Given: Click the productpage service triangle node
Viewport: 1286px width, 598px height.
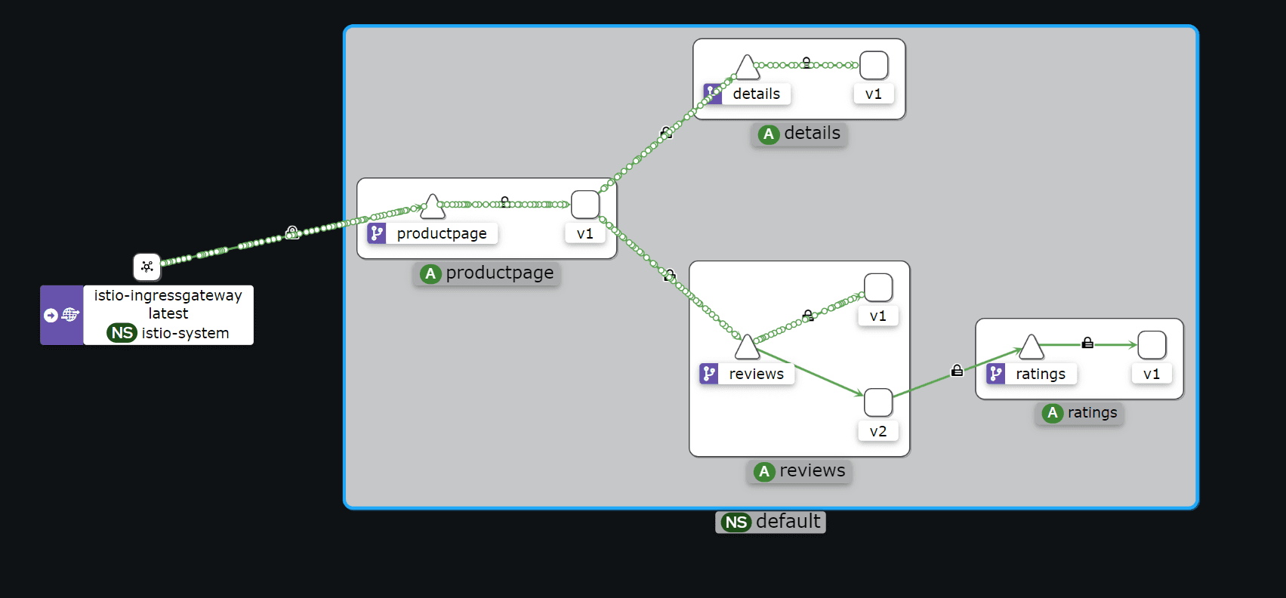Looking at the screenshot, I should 432,206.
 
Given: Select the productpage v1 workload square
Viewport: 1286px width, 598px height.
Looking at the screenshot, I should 585,205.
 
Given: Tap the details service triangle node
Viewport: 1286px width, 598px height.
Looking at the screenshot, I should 747,68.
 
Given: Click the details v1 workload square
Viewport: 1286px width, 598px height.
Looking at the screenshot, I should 874,66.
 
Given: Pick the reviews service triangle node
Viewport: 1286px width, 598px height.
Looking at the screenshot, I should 747,348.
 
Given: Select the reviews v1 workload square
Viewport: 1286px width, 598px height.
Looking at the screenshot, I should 878,288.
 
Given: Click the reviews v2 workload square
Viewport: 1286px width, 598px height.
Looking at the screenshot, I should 878,402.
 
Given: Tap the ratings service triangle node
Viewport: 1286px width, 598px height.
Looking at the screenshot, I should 1031,347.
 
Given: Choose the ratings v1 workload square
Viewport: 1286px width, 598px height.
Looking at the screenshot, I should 1152,345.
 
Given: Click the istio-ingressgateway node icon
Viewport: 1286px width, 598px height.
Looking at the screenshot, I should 147,267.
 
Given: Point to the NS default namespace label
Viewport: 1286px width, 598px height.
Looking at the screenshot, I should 770,522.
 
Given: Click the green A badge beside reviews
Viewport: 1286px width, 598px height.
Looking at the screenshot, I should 764,472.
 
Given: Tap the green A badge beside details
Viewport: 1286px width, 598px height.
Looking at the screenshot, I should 769,134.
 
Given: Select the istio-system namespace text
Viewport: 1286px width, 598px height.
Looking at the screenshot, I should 185,333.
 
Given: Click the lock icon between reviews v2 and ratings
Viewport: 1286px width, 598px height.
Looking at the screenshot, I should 957,371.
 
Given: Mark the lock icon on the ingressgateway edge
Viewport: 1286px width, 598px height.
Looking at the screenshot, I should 292,233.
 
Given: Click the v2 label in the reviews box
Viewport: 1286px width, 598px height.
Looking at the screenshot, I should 877,431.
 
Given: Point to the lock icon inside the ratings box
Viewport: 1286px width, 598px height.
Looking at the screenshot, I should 1087,343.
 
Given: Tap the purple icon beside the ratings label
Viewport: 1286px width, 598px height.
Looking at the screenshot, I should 996,374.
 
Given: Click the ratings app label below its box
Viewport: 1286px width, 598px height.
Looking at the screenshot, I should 1091,413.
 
